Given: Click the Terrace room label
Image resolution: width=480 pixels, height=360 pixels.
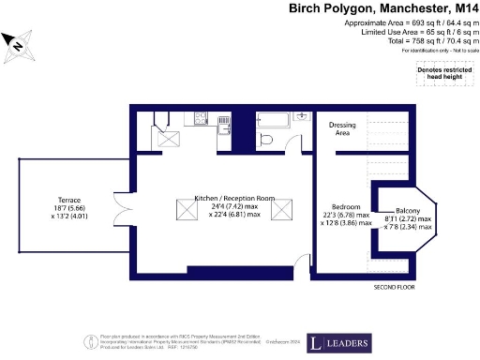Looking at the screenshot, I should click(x=67, y=201).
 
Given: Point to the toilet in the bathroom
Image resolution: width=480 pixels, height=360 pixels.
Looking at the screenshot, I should click(x=266, y=140).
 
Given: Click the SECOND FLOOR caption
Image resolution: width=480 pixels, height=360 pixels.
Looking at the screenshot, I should click(x=395, y=286).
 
